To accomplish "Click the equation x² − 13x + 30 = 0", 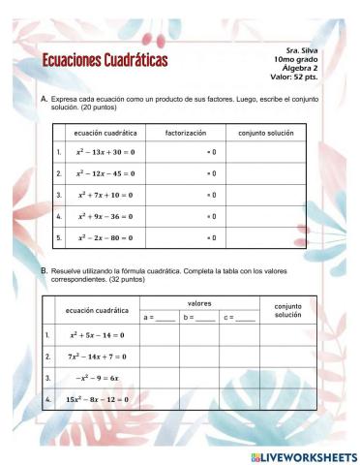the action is point(105,152).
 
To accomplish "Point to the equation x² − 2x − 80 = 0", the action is point(105,237).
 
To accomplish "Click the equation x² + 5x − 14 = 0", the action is point(97,335).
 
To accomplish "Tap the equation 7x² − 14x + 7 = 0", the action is point(97,356).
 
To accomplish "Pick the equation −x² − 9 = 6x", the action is point(97,378).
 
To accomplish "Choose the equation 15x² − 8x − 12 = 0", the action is point(97,398).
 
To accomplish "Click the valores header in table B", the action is point(199,303).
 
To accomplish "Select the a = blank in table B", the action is point(159,317).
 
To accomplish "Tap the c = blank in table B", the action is point(239,317).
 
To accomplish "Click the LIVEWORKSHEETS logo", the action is point(303,455).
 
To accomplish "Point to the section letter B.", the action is point(44,271).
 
